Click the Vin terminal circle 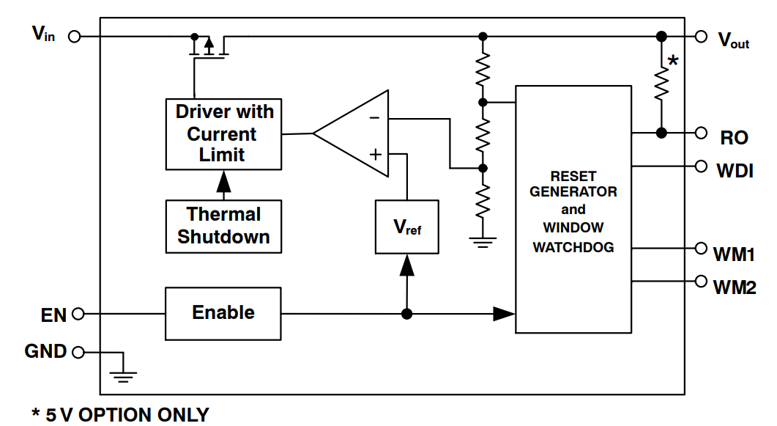[74, 36]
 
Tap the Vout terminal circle [701, 36]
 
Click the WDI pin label [735, 172]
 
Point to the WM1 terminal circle [701, 249]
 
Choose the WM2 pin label [735, 287]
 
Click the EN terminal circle [78, 315]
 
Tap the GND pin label [45, 351]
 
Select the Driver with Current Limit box [224, 133]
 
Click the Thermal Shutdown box [224, 226]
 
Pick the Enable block [223, 313]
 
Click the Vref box [406, 227]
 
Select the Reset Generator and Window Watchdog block [573, 210]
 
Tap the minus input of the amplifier [374, 118]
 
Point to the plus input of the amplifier [375, 154]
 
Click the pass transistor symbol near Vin [209, 45]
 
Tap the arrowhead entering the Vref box [406, 265]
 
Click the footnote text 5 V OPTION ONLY [120, 415]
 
